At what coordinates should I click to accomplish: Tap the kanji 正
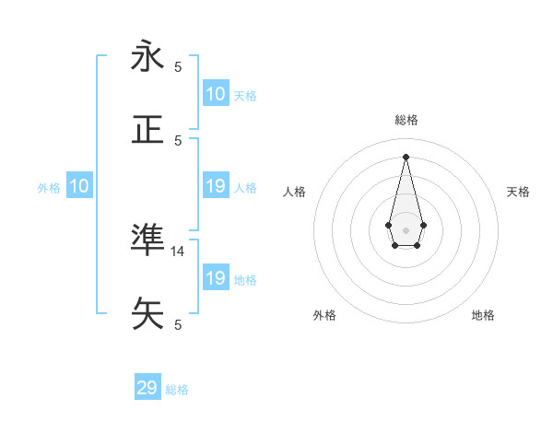147,129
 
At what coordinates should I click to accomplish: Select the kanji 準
147,240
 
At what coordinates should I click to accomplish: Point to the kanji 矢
147,313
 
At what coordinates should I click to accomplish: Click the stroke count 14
178,251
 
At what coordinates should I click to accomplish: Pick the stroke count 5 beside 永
178,66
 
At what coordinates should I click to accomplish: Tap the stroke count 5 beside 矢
178,324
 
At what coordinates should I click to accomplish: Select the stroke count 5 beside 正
178,140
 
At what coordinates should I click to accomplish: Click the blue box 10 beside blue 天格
216,94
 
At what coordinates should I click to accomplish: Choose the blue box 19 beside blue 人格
216,186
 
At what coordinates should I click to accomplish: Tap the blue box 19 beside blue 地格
216,278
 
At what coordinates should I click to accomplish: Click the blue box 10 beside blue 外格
79,186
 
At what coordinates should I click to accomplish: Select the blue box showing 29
147,388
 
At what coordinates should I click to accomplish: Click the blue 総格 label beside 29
177,390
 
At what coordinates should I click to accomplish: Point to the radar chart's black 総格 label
406,120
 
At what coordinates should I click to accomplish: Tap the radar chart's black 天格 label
519,192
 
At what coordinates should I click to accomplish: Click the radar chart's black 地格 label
483,315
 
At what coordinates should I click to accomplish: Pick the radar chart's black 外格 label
324,315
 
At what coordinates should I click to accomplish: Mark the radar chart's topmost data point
406,156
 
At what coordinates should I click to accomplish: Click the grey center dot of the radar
406,229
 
